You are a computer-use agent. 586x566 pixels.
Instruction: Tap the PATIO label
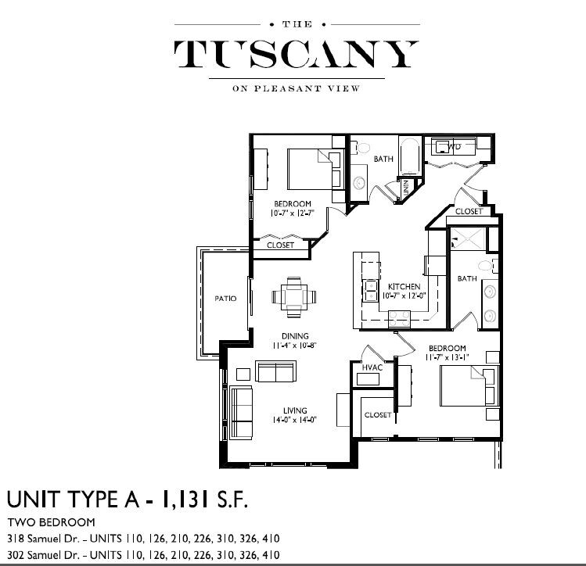click(225, 298)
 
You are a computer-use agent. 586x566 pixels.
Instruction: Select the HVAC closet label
click(371, 367)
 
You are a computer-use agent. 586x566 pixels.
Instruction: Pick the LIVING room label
click(295, 410)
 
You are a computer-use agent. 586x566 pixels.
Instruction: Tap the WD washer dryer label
click(454, 146)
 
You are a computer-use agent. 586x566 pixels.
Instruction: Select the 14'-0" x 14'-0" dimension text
click(295, 420)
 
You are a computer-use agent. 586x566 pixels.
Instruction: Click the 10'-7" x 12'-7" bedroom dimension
click(292, 213)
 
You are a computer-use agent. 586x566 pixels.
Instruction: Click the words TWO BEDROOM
click(51, 522)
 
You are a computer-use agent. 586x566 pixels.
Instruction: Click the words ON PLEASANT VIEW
click(296, 88)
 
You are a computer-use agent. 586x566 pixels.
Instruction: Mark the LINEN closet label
click(406, 188)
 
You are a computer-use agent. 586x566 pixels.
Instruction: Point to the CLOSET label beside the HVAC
click(377, 414)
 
